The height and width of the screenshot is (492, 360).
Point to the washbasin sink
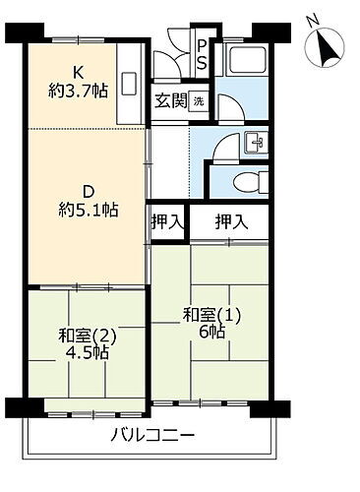(255, 143)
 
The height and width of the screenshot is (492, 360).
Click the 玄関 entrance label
(170, 100)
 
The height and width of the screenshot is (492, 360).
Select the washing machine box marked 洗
(198, 101)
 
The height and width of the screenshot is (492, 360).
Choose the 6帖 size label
(211, 335)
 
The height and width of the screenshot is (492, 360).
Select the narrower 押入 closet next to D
(167, 221)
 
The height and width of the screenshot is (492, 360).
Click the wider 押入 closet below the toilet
(233, 221)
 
